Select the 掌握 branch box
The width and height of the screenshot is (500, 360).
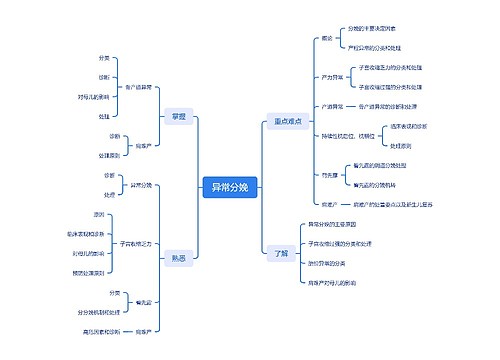coord(178,117)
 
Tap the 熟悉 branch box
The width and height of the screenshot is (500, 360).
coord(178,257)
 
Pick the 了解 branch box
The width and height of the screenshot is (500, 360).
coord(281,252)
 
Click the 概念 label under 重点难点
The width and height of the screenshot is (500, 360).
coord(327,38)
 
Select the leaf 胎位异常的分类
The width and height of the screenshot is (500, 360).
coord(326,263)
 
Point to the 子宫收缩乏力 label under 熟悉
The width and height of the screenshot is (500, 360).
coord(136,243)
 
